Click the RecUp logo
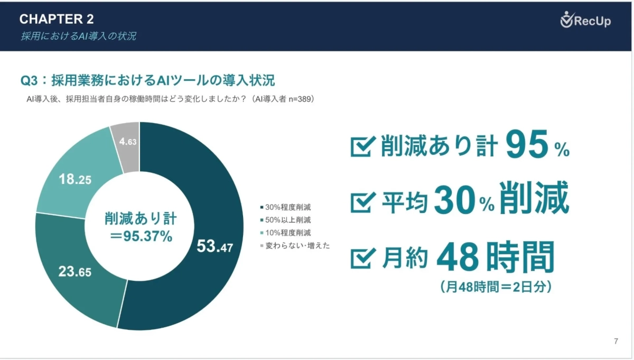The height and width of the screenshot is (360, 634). (x=585, y=21)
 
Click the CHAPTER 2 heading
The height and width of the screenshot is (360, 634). (x=57, y=20)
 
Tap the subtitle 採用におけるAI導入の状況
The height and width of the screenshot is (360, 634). (x=78, y=36)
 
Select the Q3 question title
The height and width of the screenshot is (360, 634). (x=147, y=81)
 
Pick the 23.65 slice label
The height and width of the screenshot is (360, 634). (x=74, y=272)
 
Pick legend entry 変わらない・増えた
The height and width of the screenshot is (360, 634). (x=294, y=245)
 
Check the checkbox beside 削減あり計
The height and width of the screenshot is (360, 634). (x=362, y=147)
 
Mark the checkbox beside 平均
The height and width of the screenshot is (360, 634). (x=362, y=201)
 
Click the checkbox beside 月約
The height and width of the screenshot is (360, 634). (x=362, y=259)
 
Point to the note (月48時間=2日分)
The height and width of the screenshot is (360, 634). (x=495, y=287)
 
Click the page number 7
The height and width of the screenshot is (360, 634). (x=616, y=341)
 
